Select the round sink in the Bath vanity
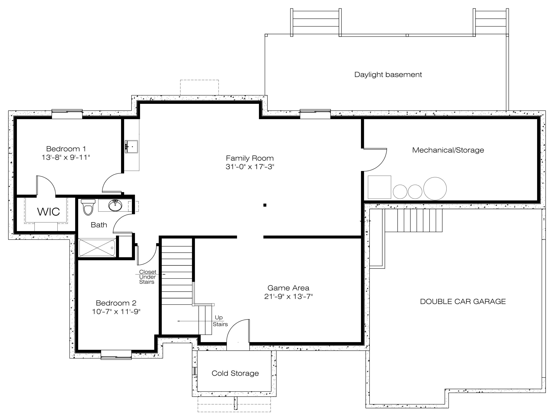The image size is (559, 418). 115,205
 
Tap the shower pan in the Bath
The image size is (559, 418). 97,248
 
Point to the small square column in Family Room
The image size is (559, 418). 265,205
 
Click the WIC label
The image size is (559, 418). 48,212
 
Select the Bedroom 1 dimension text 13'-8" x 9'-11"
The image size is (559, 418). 66,158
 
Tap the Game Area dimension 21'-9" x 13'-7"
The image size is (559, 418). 289,296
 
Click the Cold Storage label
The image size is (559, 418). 235,373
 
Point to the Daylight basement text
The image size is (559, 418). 388,75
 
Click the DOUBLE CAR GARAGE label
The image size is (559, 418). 463,301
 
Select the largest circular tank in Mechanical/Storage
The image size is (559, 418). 435,188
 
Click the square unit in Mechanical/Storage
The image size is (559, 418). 379,187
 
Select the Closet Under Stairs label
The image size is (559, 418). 148,277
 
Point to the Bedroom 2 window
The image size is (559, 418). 116,355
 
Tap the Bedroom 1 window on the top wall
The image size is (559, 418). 67,114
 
